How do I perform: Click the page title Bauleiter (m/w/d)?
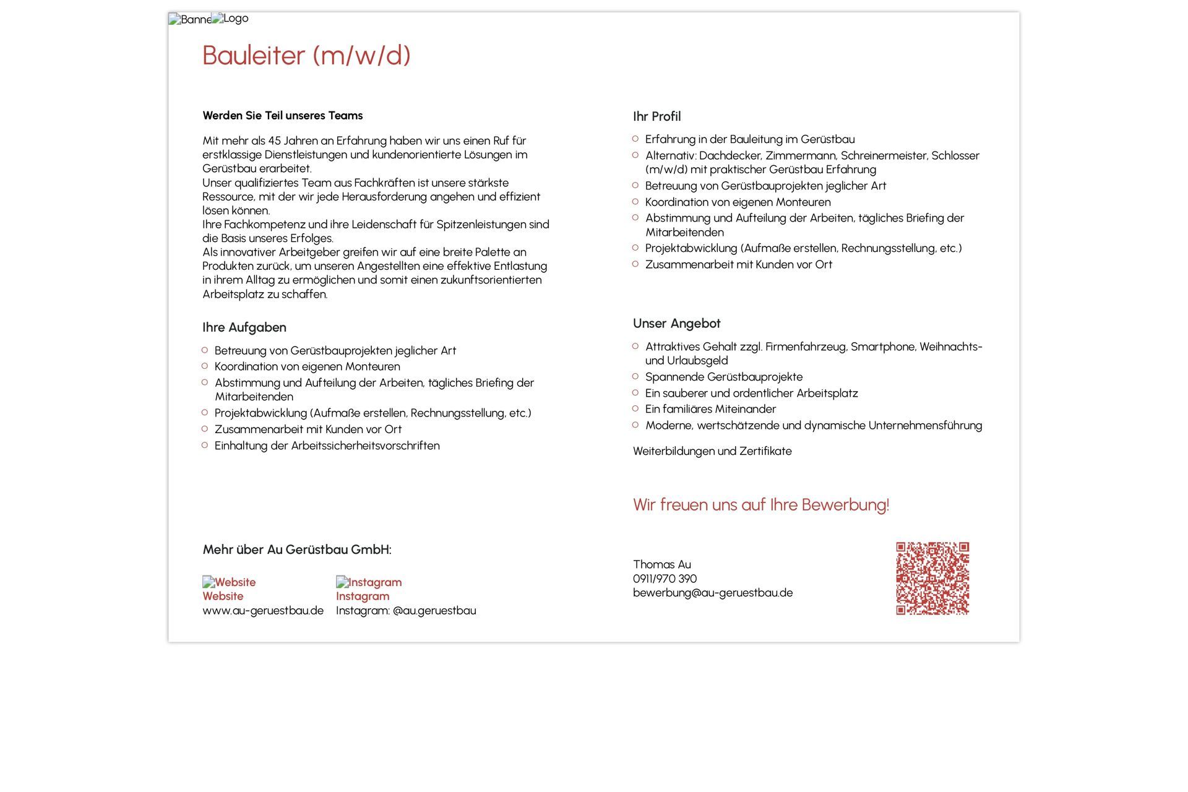coord(306,55)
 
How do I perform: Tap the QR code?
coord(932,579)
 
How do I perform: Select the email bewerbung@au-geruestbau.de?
coord(712,593)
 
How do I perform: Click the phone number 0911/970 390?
coord(665,579)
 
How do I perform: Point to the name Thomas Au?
coord(661,564)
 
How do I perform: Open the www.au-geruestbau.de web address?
coord(263,611)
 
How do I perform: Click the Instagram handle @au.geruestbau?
coord(434,611)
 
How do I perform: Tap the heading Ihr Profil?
coord(656,116)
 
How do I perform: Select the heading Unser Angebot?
coord(676,324)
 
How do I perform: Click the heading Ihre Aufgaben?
coord(244,327)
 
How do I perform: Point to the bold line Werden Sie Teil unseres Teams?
coord(282,116)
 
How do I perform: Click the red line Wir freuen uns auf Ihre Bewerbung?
coord(760,505)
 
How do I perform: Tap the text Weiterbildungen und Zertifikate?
coord(712,451)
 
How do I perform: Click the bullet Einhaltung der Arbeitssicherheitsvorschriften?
coord(327,445)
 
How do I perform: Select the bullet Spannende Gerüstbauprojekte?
coord(723,377)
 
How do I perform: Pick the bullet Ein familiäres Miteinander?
coord(710,409)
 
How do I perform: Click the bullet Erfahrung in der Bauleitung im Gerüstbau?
coord(749,139)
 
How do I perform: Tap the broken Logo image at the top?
coord(230,19)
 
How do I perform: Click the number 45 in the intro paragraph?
coord(274,141)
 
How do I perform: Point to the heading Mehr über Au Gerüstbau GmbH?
coord(296,549)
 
